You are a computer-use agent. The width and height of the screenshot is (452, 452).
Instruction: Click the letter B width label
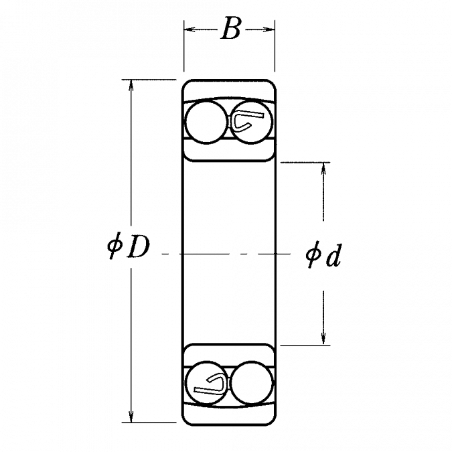[x=231, y=31]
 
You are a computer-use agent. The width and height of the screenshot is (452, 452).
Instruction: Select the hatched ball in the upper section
[x=250, y=123]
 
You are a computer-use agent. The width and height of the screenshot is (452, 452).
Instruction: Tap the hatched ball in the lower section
[x=208, y=384]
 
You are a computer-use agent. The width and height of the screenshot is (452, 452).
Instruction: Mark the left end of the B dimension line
[x=184, y=29]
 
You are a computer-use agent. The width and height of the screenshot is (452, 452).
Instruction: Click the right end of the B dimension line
[x=275, y=29]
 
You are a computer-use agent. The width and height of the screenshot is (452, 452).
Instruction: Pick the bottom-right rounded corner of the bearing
[x=273, y=421]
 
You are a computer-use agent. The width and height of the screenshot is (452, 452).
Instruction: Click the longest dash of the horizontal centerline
[x=204, y=254]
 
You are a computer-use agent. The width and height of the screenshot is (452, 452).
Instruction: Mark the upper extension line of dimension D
[x=147, y=82]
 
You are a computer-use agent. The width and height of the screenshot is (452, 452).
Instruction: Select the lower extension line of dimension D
[x=147, y=424]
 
